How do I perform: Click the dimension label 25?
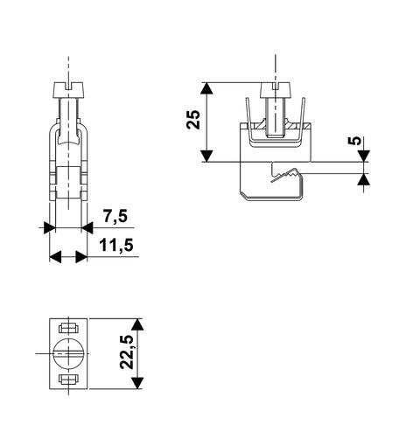(x=193, y=120)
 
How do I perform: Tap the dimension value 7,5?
(x=115, y=216)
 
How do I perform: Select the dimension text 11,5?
(x=116, y=245)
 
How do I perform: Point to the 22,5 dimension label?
(x=127, y=352)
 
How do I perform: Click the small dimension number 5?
(x=354, y=141)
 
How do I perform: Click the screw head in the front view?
(x=68, y=90)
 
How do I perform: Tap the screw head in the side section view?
(x=276, y=90)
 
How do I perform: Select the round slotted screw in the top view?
(x=68, y=353)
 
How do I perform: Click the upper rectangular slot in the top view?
(x=68, y=328)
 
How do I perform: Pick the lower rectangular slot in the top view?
(x=68, y=379)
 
